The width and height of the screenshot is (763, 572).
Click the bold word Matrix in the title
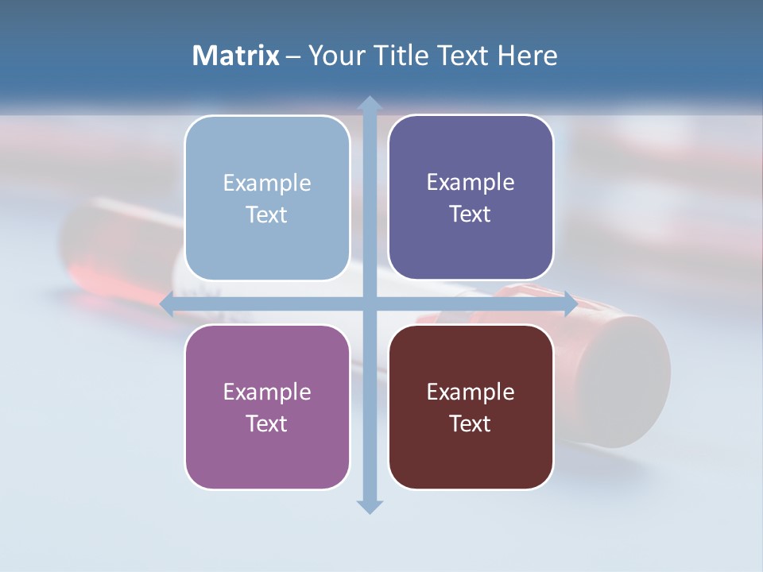tap(236, 56)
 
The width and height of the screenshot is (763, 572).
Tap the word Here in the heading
tap(527, 56)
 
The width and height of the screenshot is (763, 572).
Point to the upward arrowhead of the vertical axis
tap(369, 104)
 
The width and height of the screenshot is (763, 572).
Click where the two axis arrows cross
tap(369, 303)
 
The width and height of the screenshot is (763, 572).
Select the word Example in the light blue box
tap(267, 184)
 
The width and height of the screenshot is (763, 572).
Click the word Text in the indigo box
tap(471, 214)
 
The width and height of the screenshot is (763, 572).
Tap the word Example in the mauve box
tap(267, 392)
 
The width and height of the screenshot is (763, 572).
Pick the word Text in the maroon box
tap(471, 423)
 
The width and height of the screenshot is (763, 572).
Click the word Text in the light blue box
tap(267, 215)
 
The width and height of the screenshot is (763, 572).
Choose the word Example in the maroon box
tap(471, 392)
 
